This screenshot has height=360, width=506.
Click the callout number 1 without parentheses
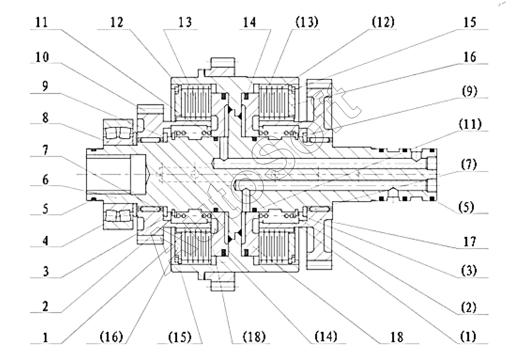(x=45, y=338)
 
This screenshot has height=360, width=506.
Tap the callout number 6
(x=45, y=180)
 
